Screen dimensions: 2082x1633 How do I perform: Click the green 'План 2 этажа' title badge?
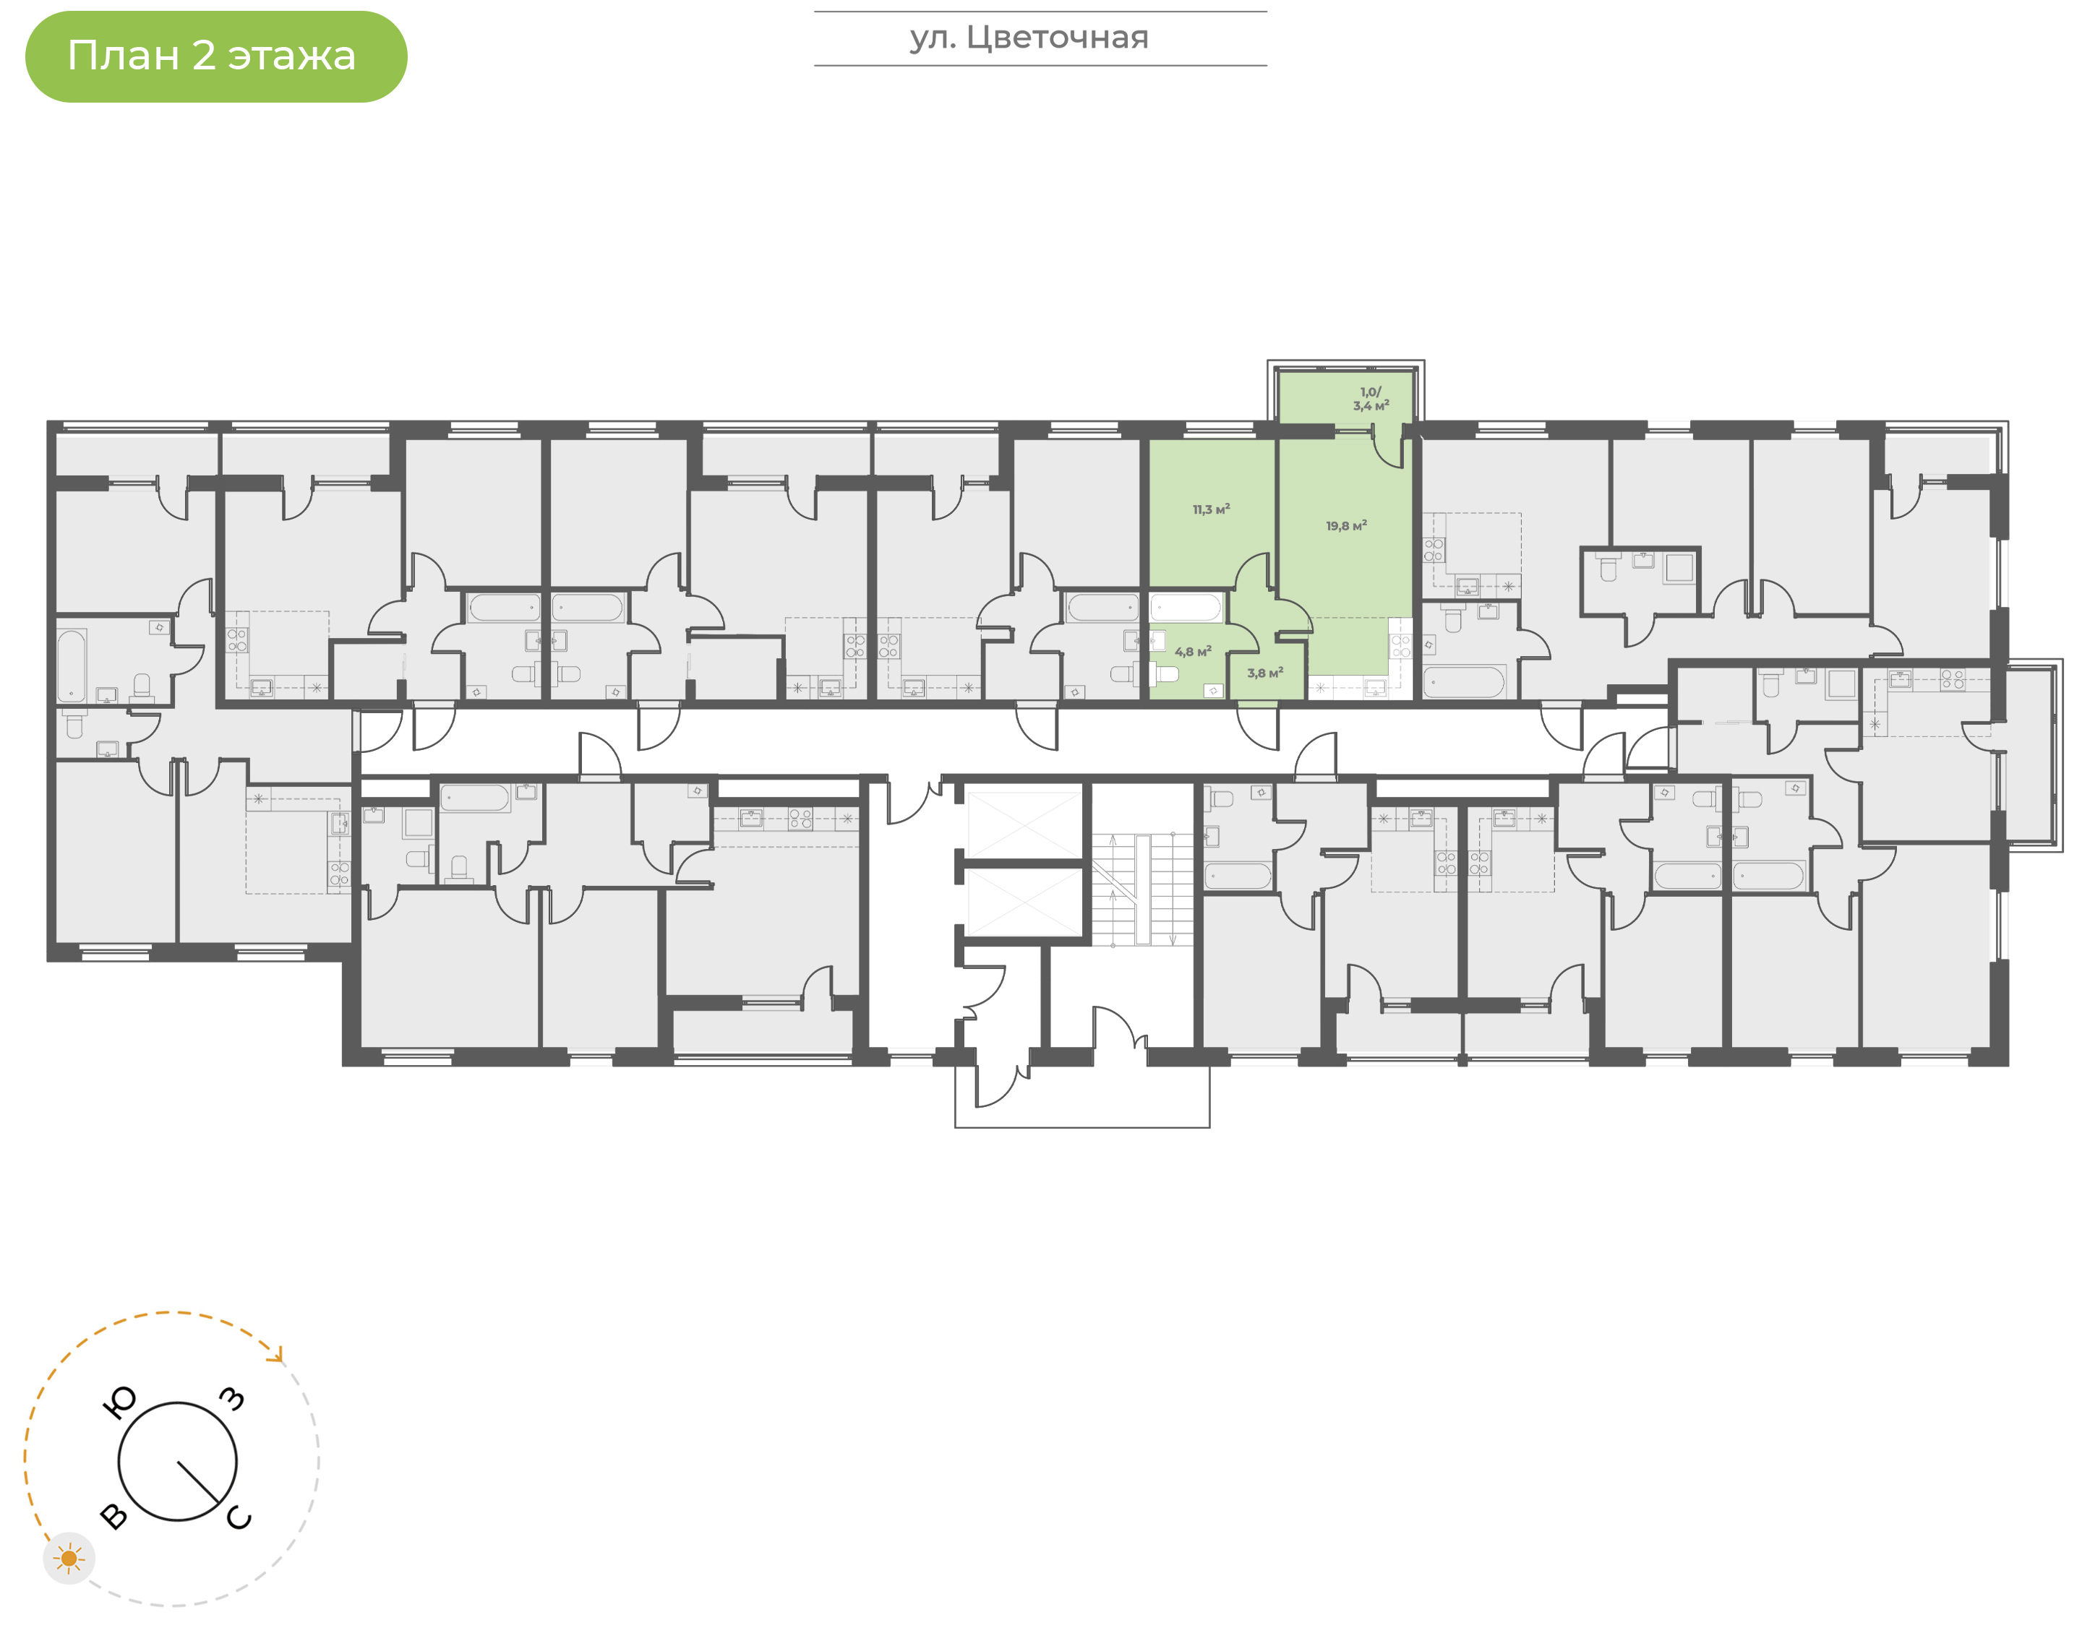click(x=216, y=56)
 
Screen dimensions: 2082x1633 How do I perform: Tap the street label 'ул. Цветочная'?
click(x=1029, y=38)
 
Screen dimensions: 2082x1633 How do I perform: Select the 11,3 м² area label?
click(x=1211, y=509)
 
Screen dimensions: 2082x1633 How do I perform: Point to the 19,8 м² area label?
click(x=1345, y=526)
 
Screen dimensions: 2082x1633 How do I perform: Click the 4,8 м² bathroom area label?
click(x=1193, y=651)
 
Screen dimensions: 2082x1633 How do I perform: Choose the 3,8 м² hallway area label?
click(x=1264, y=673)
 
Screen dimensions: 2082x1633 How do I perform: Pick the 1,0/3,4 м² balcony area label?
click(x=1371, y=399)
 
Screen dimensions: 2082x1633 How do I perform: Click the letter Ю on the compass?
click(x=119, y=1403)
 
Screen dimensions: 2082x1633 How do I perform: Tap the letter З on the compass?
click(x=232, y=1399)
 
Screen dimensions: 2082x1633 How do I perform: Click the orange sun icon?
click(x=69, y=1559)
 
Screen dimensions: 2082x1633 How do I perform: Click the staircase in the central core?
click(x=1143, y=889)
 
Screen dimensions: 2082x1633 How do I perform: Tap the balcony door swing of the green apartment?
click(x=1389, y=447)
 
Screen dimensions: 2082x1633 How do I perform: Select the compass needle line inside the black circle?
click(x=198, y=1482)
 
